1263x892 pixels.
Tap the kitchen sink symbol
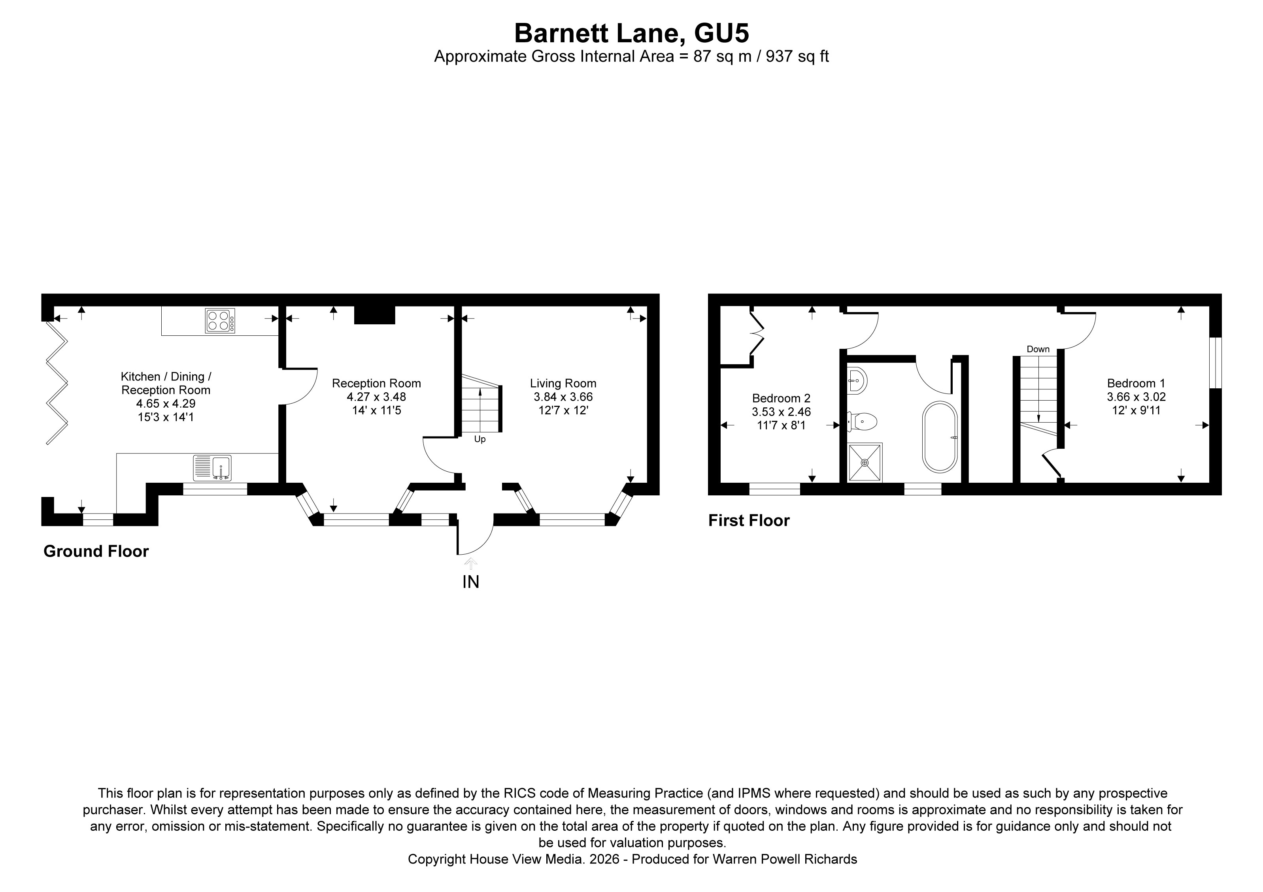pos(212,468)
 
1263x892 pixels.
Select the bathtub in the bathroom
pos(940,437)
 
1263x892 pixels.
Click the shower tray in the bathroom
pos(865,463)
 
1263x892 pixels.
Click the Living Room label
pos(563,384)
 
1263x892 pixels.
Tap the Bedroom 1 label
pos(1136,384)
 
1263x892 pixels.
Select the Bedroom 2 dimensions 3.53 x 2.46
pos(781,412)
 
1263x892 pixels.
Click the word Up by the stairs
pos(480,440)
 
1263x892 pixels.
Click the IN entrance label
pos(470,581)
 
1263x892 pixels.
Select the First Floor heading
pos(749,521)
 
